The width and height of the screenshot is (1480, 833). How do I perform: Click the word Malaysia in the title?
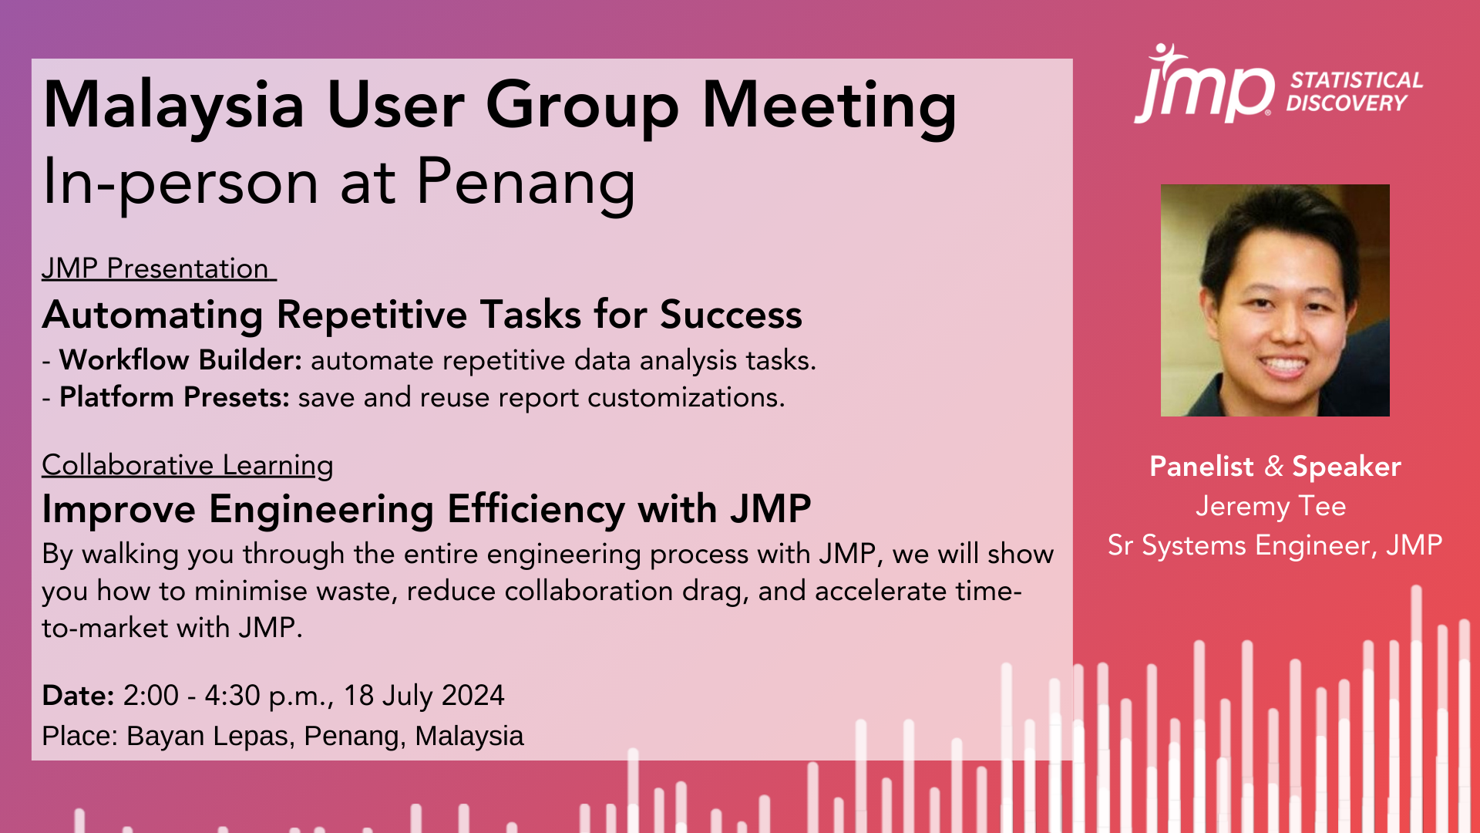173,106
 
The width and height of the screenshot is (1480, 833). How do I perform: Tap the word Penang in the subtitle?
526,183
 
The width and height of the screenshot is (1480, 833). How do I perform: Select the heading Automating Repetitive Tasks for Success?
422,315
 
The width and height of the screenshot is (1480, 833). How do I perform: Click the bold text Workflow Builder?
180,360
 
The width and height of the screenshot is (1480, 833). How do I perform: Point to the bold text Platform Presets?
174,397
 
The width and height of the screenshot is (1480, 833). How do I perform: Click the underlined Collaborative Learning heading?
187,465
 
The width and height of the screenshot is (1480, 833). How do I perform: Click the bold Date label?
78,696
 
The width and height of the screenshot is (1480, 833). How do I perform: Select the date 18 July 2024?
423,696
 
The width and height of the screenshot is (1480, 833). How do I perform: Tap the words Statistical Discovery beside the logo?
1355,92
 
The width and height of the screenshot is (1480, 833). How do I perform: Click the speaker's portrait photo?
1275,300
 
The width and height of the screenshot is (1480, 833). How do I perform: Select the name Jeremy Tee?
1270,506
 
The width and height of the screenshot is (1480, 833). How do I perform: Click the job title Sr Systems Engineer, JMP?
1275,545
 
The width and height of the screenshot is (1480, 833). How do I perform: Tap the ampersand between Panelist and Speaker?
1273,467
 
